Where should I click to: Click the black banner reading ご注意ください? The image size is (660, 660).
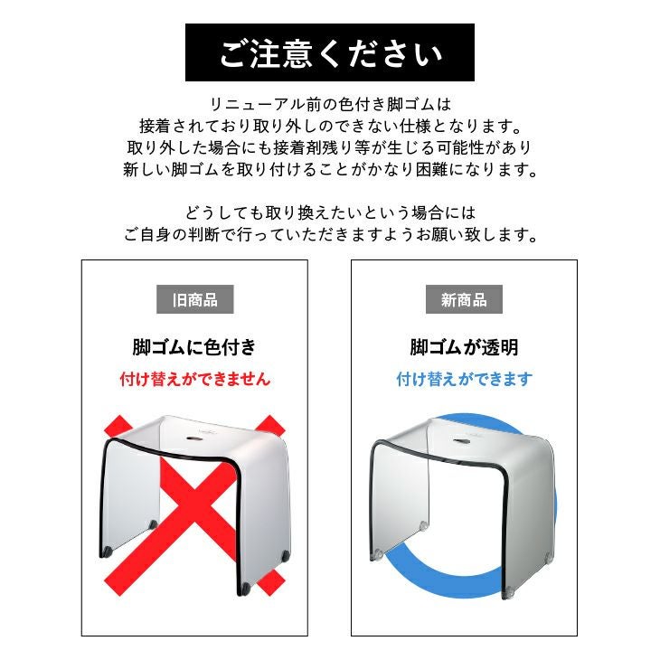[x=330, y=52]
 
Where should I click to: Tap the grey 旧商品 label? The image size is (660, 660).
[x=195, y=299]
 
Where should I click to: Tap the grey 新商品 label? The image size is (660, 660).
[x=464, y=299]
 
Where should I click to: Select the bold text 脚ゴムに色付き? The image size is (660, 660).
[x=194, y=347]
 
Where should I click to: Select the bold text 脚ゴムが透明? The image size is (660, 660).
[x=464, y=347]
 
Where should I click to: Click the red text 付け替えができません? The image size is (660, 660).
[x=195, y=379]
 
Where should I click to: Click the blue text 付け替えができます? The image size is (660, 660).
[x=465, y=379]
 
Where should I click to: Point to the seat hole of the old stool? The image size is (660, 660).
[x=194, y=438]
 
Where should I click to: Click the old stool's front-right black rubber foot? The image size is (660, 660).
[x=244, y=588]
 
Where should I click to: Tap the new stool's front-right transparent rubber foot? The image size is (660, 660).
[x=509, y=592]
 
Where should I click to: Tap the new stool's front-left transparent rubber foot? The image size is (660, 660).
[x=378, y=555]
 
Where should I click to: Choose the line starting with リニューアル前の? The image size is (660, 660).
[x=330, y=104]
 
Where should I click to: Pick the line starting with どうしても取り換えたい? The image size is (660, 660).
[x=330, y=212]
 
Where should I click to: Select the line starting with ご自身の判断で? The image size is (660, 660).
[x=330, y=234]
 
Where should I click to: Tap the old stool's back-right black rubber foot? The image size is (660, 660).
[x=287, y=556]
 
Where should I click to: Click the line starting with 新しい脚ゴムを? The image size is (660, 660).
[x=330, y=169]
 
